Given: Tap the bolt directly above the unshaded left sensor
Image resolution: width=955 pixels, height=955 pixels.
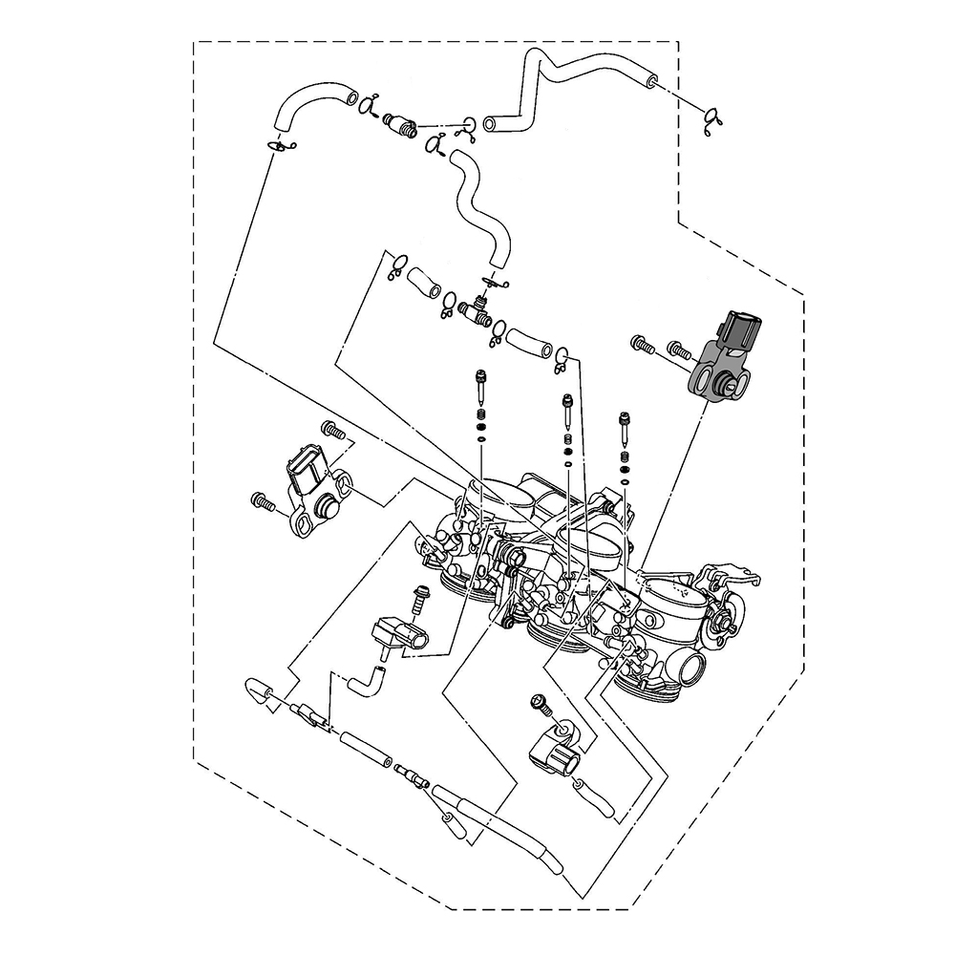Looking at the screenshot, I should point(331,429).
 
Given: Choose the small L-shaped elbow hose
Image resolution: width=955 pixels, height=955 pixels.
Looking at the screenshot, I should point(367,679).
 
